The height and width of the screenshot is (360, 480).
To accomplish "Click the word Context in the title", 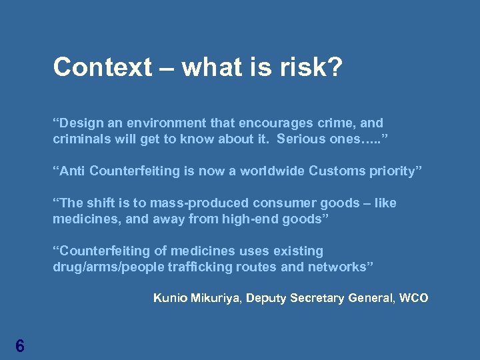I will pos(103,67).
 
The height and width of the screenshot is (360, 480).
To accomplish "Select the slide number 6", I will pos(20,345).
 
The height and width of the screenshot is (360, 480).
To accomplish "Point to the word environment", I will pos(167,123).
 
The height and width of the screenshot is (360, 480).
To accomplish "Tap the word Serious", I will pos(301,139).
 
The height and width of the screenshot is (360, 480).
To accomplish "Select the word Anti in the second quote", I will pos(72,171).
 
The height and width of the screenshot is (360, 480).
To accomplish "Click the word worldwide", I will pos(273,171).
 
